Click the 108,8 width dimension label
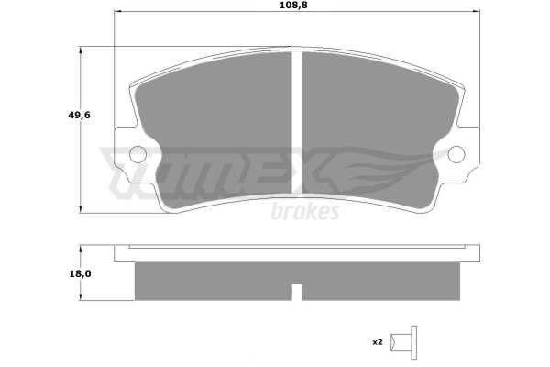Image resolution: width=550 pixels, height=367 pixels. [293, 6]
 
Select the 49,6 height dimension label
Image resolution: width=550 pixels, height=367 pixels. [79, 115]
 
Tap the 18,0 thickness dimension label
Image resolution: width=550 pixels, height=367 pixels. [80, 273]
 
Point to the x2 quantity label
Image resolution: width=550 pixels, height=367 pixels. [378, 342]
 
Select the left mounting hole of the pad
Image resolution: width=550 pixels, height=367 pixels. [137, 154]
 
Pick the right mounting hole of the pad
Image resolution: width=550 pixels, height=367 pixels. [456, 154]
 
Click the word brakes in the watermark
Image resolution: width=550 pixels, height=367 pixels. [305, 211]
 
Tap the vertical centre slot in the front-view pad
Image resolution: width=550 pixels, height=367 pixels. [297, 122]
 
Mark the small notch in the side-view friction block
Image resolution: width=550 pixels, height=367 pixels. [297, 292]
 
